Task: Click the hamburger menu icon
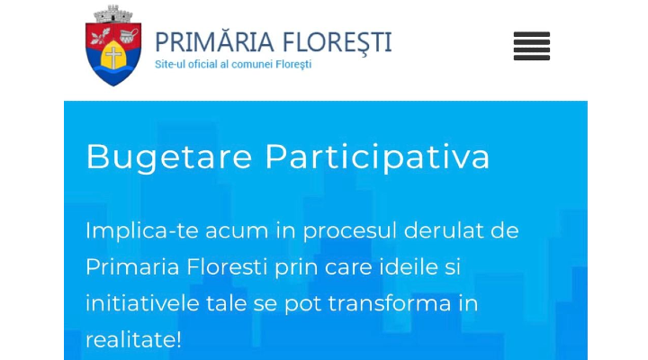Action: coord(532,46)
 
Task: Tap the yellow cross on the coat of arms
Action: coord(113,57)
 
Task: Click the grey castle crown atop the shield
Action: coord(113,14)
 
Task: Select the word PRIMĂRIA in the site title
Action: coord(214,41)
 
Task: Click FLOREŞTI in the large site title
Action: coord(337,42)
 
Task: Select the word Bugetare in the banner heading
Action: coord(169,157)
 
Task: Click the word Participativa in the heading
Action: coord(377,157)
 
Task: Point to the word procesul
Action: coord(350,231)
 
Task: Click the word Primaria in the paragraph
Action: coord(132,267)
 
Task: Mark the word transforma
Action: coord(390,303)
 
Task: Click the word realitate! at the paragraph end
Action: coord(133,339)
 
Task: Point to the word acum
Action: coord(237,231)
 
